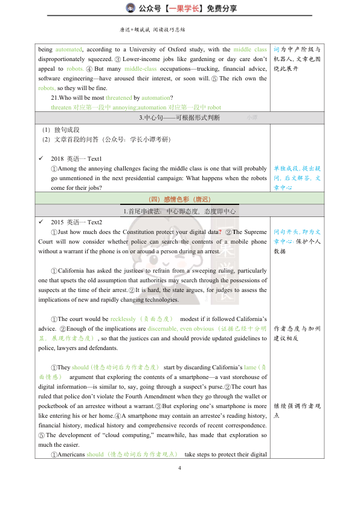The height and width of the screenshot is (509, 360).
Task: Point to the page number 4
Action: [x=179, y=468]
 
